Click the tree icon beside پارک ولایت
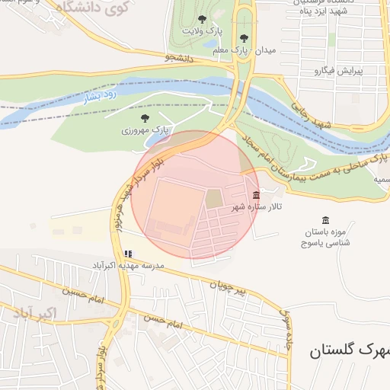point(201,19)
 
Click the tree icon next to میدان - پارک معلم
point(244,37)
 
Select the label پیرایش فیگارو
point(339,71)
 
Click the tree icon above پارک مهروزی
point(145,117)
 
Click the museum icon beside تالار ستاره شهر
point(255,195)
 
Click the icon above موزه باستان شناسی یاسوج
point(326,220)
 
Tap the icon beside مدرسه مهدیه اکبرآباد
point(128,254)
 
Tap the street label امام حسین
point(82,291)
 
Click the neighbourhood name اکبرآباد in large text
point(35,314)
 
